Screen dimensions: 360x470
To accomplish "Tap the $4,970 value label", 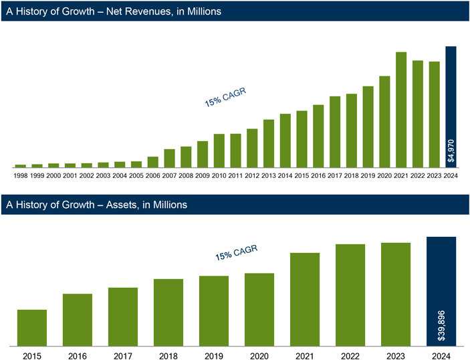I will tap(451, 151).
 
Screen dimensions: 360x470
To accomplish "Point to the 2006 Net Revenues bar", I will tap(153, 162).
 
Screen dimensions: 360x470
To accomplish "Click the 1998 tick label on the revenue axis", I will tap(21, 175).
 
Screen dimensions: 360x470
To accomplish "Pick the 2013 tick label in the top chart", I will tap(269, 175).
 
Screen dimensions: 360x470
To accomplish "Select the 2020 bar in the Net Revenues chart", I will tap(384, 121).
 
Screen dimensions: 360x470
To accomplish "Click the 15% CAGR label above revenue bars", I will tap(225, 98).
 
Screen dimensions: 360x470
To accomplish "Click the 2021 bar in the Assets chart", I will tap(305, 299).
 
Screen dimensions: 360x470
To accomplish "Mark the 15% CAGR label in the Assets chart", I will tap(236, 252).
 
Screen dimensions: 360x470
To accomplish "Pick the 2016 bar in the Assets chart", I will tap(78, 320).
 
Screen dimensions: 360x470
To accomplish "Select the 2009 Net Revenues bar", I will tap(203, 154).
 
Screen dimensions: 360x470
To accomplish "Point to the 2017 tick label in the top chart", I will tap(335, 175).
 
